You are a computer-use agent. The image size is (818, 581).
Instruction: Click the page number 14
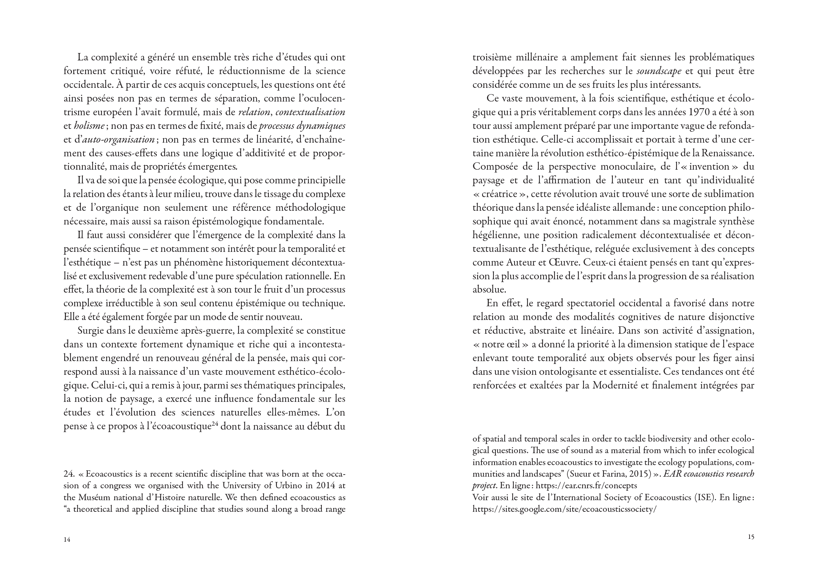pos(67,540)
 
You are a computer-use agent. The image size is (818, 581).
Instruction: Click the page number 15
pos(751,537)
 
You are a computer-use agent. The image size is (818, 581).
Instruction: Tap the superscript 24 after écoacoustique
pos(214,424)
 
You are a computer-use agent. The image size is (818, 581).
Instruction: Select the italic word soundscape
pos(659,71)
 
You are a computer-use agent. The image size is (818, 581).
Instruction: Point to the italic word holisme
pos(89,126)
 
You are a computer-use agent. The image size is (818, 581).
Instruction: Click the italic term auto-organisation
pos(118,139)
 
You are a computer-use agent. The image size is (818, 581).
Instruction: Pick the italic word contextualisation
pos(310,112)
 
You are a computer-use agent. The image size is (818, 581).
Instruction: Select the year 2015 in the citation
pos(639,474)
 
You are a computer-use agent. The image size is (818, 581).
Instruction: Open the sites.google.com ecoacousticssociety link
pos(564,509)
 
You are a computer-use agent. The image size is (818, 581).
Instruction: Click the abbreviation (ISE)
pos(703,498)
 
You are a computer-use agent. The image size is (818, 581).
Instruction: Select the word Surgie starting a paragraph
pos(91,331)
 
